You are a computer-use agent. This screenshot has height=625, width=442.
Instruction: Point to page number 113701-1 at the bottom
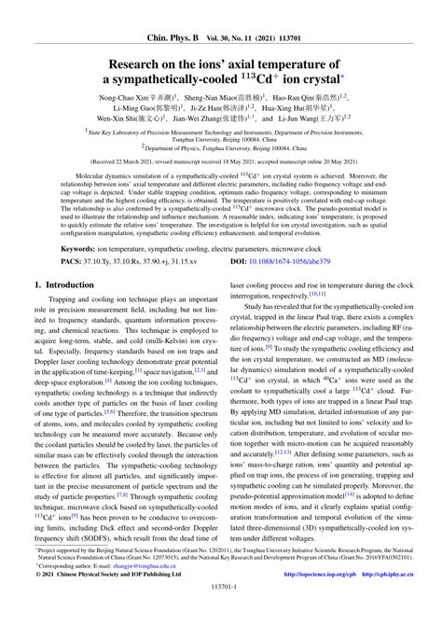click(220, 613)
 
